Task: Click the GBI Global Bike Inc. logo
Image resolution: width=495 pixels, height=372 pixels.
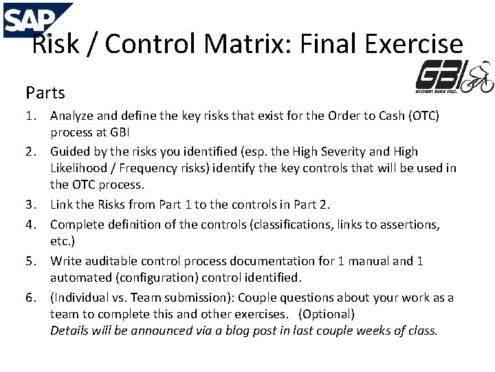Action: tap(454, 77)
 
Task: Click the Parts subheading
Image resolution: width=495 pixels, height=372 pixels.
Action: tap(45, 92)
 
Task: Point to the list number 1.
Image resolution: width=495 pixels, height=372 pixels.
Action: tap(30, 116)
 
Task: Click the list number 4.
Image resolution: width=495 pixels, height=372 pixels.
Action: tap(30, 225)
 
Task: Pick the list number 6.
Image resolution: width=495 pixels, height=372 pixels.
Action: tap(30, 298)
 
